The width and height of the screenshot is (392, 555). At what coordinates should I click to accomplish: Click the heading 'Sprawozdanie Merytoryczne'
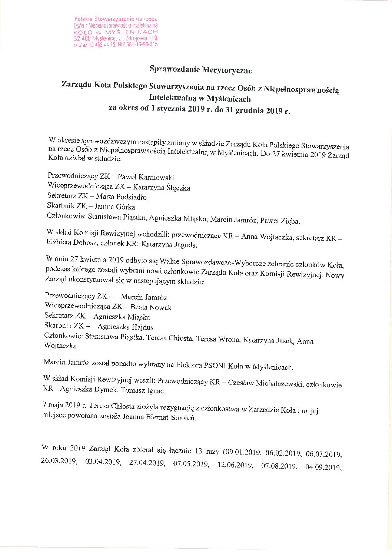pyautogui.click(x=200, y=69)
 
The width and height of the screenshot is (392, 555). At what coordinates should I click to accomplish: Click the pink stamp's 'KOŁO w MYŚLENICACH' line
pyautogui.click(x=116, y=32)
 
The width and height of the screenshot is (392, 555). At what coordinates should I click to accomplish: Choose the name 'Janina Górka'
pyautogui.click(x=114, y=207)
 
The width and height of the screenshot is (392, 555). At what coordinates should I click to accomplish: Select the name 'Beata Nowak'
pyautogui.click(x=151, y=307)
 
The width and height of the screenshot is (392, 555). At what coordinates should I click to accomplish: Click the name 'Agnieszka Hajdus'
pyautogui.click(x=126, y=327)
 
